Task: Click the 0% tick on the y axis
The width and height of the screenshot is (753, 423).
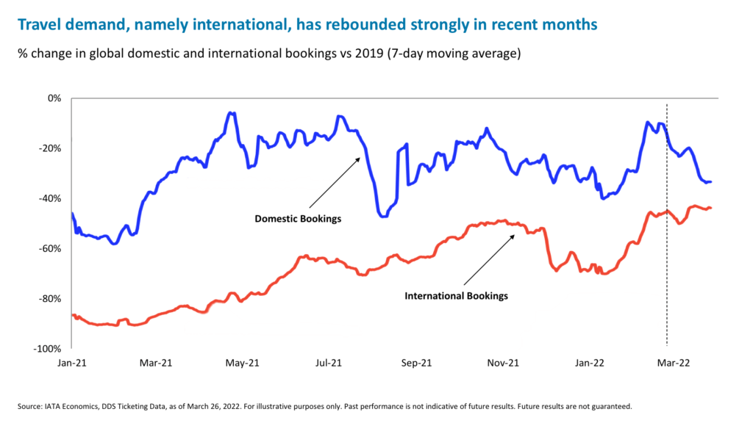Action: pos(55,98)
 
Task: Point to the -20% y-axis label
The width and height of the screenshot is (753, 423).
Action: pos(52,148)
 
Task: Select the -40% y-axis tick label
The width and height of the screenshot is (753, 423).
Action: pos(52,198)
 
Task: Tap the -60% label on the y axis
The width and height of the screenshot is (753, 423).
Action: pos(52,248)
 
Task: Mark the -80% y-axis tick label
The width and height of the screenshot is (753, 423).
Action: pos(52,298)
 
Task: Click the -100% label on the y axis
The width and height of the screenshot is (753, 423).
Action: pos(50,349)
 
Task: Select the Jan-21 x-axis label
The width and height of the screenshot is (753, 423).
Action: pos(71,363)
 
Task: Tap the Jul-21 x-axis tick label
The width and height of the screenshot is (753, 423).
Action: pos(328,363)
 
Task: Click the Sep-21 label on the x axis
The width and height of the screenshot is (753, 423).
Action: pos(416,363)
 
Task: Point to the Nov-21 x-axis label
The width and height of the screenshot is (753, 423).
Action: pos(504,363)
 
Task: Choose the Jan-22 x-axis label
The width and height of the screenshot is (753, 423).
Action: pos(590,363)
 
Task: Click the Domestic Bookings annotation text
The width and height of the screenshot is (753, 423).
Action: pos(298,219)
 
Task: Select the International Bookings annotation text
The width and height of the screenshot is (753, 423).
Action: pos(457,296)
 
